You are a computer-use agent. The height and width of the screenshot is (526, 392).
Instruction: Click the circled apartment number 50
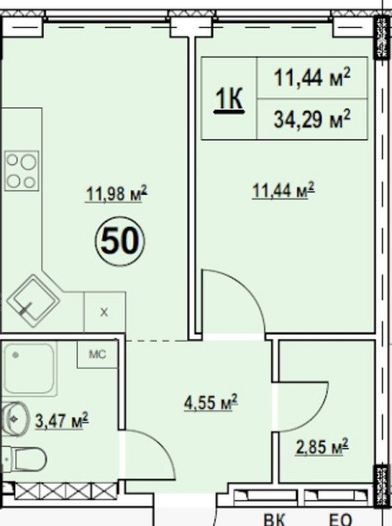click(x=120, y=241)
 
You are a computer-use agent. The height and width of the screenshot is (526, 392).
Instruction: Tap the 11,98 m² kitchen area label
click(x=116, y=194)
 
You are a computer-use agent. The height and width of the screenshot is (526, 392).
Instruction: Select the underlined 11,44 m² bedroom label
click(x=284, y=191)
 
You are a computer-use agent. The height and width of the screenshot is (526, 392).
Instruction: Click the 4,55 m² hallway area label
click(x=211, y=401)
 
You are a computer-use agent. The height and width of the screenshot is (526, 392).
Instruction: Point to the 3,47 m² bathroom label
click(x=62, y=420)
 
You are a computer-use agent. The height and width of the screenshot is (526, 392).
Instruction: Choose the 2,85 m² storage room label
click(x=322, y=447)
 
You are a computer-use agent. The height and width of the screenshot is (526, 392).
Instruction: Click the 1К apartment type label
click(x=229, y=99)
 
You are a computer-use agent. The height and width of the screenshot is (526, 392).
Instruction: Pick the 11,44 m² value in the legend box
click(x=312, y=78)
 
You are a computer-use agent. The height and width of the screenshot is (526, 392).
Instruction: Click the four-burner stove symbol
click(x=21, y=171)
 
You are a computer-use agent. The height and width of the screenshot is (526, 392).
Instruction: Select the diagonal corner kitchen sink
click(x=33, y=301)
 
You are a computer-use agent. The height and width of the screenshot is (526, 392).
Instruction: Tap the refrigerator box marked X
click(x=104, y=312)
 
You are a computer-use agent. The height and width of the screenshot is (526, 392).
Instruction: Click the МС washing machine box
click(x=97, y=354)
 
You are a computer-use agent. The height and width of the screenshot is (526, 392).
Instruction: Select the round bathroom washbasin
click(x=15, y=419)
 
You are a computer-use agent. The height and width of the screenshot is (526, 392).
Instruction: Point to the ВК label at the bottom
click(x=274, y=520)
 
